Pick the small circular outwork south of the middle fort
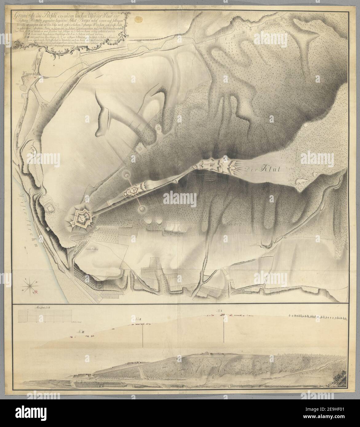tap(142, 209)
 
